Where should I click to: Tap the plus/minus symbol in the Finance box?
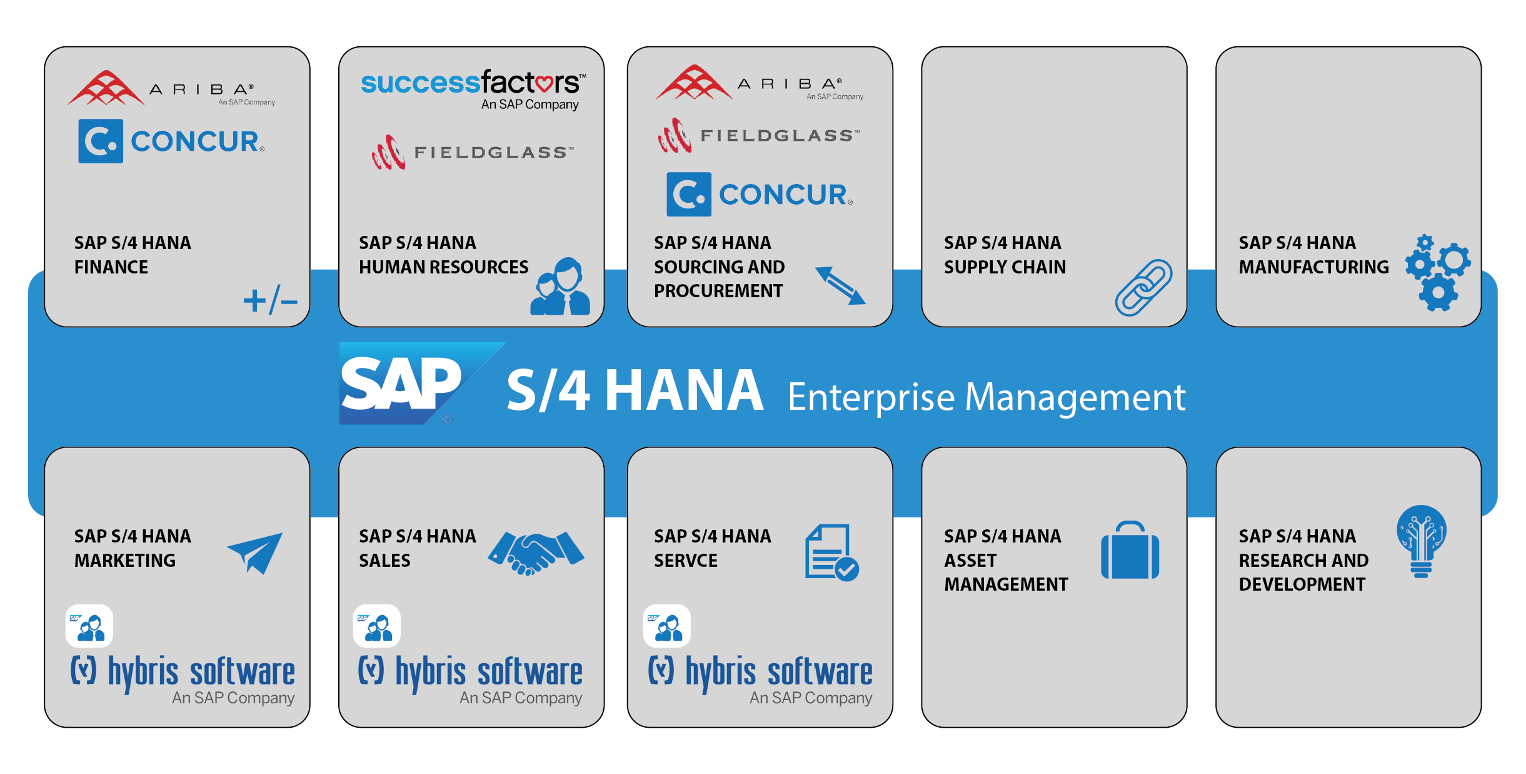click(x=270, y=300)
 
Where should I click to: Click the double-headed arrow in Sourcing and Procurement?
click(x=840, y=286)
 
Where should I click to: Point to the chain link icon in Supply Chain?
click(x=1143, y=288)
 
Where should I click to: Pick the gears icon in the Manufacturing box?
click(x=1437, y=272)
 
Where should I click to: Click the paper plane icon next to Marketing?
click(x=256, y=552)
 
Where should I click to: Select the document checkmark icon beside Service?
click(x=831, y=552)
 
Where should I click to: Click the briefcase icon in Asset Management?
click(x=1130, y=551)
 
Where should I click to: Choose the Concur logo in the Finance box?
click(x=171, y=141)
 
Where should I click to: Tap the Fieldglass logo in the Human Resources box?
click(x=473, y=152)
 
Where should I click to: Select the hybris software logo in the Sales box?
click(x=470, y=678)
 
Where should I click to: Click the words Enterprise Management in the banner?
click(x=986, y=397)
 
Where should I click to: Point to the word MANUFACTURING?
click(x=1313, y=267)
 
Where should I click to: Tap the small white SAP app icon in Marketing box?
click(x=89, y=626)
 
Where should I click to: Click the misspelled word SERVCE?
click(x=685, y=561)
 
